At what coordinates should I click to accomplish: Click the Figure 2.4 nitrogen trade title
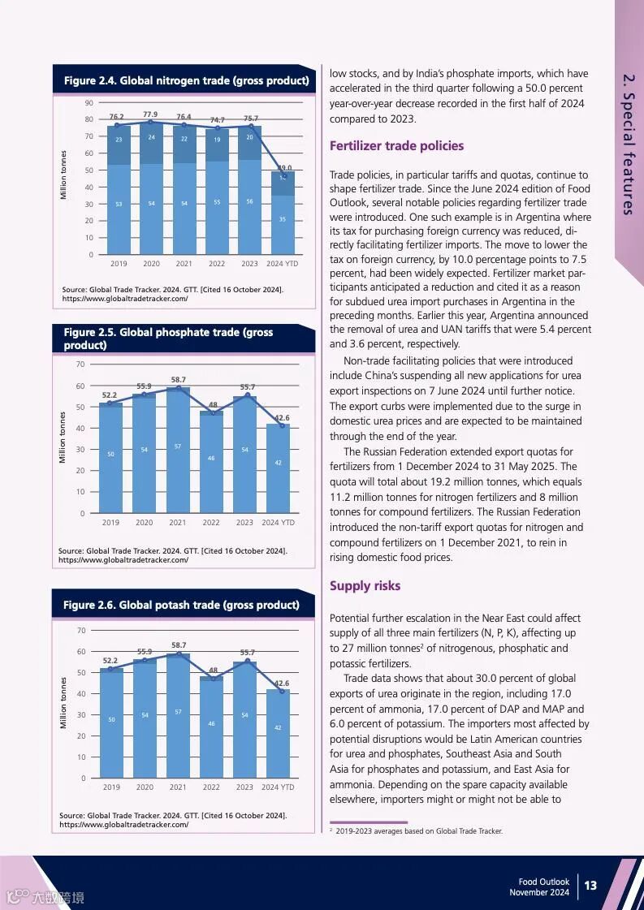(x=186, y=80)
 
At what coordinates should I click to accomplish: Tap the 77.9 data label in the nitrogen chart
(x=149, y=114)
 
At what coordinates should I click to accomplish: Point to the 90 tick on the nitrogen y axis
(x=89, y=102)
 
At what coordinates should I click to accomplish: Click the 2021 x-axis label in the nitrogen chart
(x=184, y=263)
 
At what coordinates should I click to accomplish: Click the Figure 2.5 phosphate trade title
(x=168, y=339)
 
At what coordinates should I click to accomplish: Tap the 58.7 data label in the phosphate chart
(x=179, y=380)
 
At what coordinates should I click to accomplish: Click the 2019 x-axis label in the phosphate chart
(x=110, y=523)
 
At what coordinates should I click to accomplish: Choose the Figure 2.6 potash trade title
(x=181, y=605)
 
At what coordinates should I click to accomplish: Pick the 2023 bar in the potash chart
(x=244, y=719)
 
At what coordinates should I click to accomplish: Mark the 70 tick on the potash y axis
(x=81, y=631)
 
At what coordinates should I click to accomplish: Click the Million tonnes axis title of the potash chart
(x=63, y=703)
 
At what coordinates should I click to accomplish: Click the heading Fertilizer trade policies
(x=396, y=146)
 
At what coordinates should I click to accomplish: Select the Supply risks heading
(x=365, y=586)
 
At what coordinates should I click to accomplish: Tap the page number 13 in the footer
(x=590, y=885)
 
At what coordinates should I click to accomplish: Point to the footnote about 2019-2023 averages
(x=418, y=831)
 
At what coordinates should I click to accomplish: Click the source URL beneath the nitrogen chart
(x=125, y=299)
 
